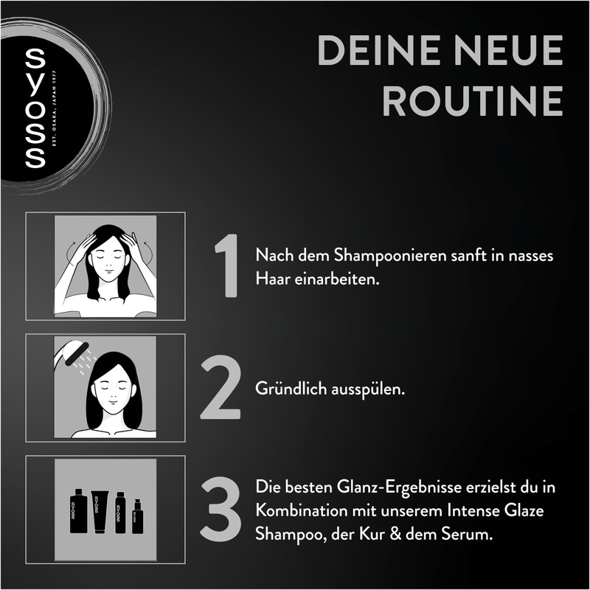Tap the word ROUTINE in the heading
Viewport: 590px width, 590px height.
pos(473,101)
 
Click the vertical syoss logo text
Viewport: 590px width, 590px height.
pos(35,108)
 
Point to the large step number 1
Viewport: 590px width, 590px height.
pos(227,265)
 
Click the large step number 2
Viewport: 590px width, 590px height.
pos(221,387)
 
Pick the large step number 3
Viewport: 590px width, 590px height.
pos(221,509)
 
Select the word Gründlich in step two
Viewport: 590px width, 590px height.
pos(291,389)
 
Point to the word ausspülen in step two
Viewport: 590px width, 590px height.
pos(368,389)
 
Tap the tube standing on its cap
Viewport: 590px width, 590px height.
pos(100,511)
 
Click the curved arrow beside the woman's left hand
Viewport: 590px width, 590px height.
pos(149,252)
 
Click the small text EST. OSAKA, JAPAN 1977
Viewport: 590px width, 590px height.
pos(54,108)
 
